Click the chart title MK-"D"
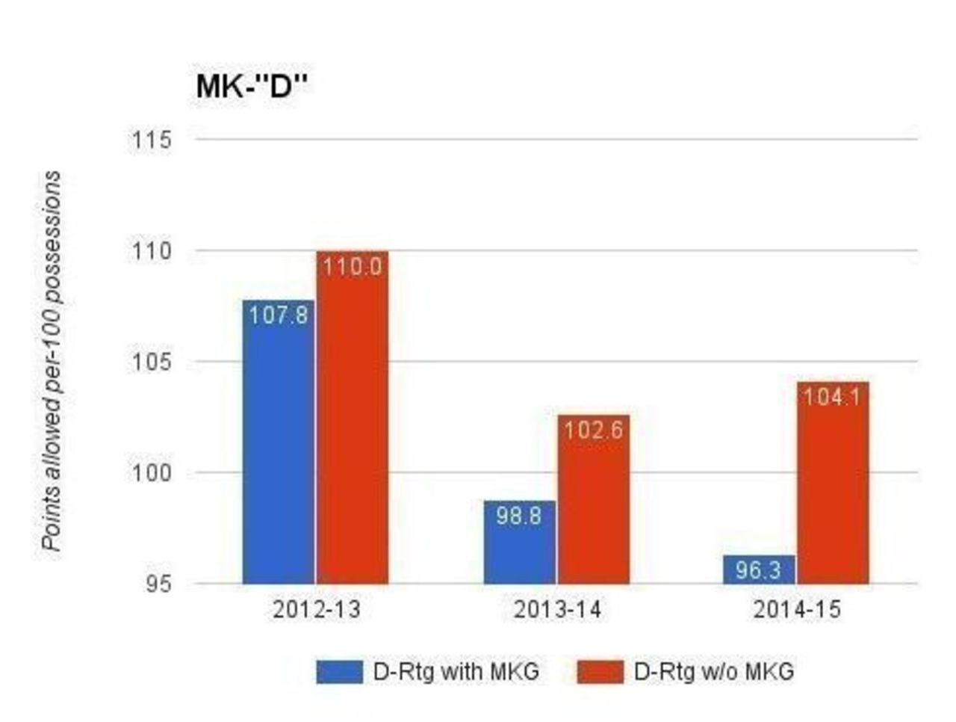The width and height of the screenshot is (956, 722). pyautogui.click(x=252, y=87)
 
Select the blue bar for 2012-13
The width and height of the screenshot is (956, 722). pyautogui.click(x=279, y=448)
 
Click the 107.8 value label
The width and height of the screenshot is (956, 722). pyautogui.click(x=279, y=315)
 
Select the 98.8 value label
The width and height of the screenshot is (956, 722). pyautogui.click(x=520, y=516)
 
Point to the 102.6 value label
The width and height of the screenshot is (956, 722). pyautogui.click(x=594, y=431)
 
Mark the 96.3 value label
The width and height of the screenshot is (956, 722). pyautogui.click(x=759, y=570)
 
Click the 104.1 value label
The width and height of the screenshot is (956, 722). pyautogui.click(x=832, y=397)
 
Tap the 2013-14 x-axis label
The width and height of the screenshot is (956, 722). pyautogui.click(x=557, y=611)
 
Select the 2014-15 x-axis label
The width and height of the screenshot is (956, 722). pyautogui.click(x=797, y=611)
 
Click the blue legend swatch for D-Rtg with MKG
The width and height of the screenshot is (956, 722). pyautogui.click(x=339, y=671)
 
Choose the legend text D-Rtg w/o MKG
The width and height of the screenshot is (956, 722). pyautogui.click(x=714, y=671)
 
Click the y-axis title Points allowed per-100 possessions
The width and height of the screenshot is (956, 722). pyautogui.click(x=52, y=361)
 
